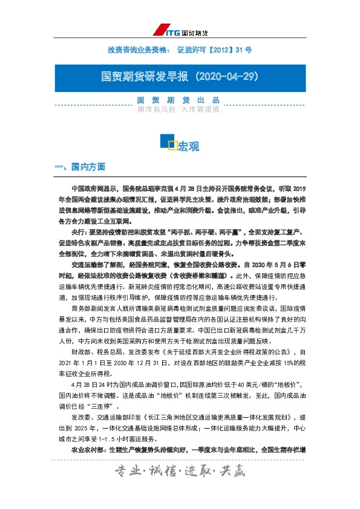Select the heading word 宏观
tap(189, 146)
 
